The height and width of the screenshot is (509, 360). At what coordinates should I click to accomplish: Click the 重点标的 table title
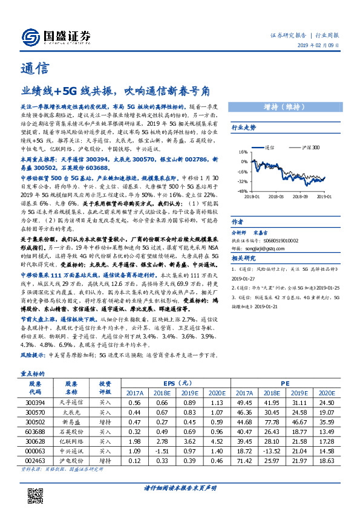coord(29,374)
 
